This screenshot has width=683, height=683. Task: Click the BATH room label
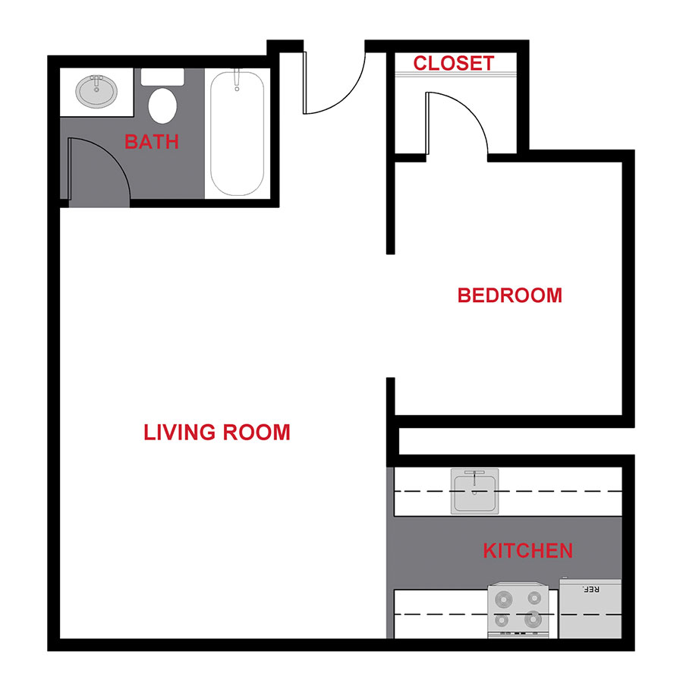[x=152, y=141]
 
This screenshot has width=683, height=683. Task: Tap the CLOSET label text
[x=454, y=64]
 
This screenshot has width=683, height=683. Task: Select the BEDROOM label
[x=509, y=295]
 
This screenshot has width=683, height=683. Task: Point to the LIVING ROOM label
[x=217, y=433]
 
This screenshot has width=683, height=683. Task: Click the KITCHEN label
[x=527, y=550]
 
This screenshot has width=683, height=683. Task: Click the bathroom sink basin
[x=97, y=93]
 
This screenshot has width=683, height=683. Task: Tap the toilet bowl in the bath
[x=162, y=105]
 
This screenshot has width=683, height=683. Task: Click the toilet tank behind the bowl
[x=162, y=77]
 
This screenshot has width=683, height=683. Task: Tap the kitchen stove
[x=518, y=609]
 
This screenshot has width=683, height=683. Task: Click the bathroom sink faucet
[x=97, y=79]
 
